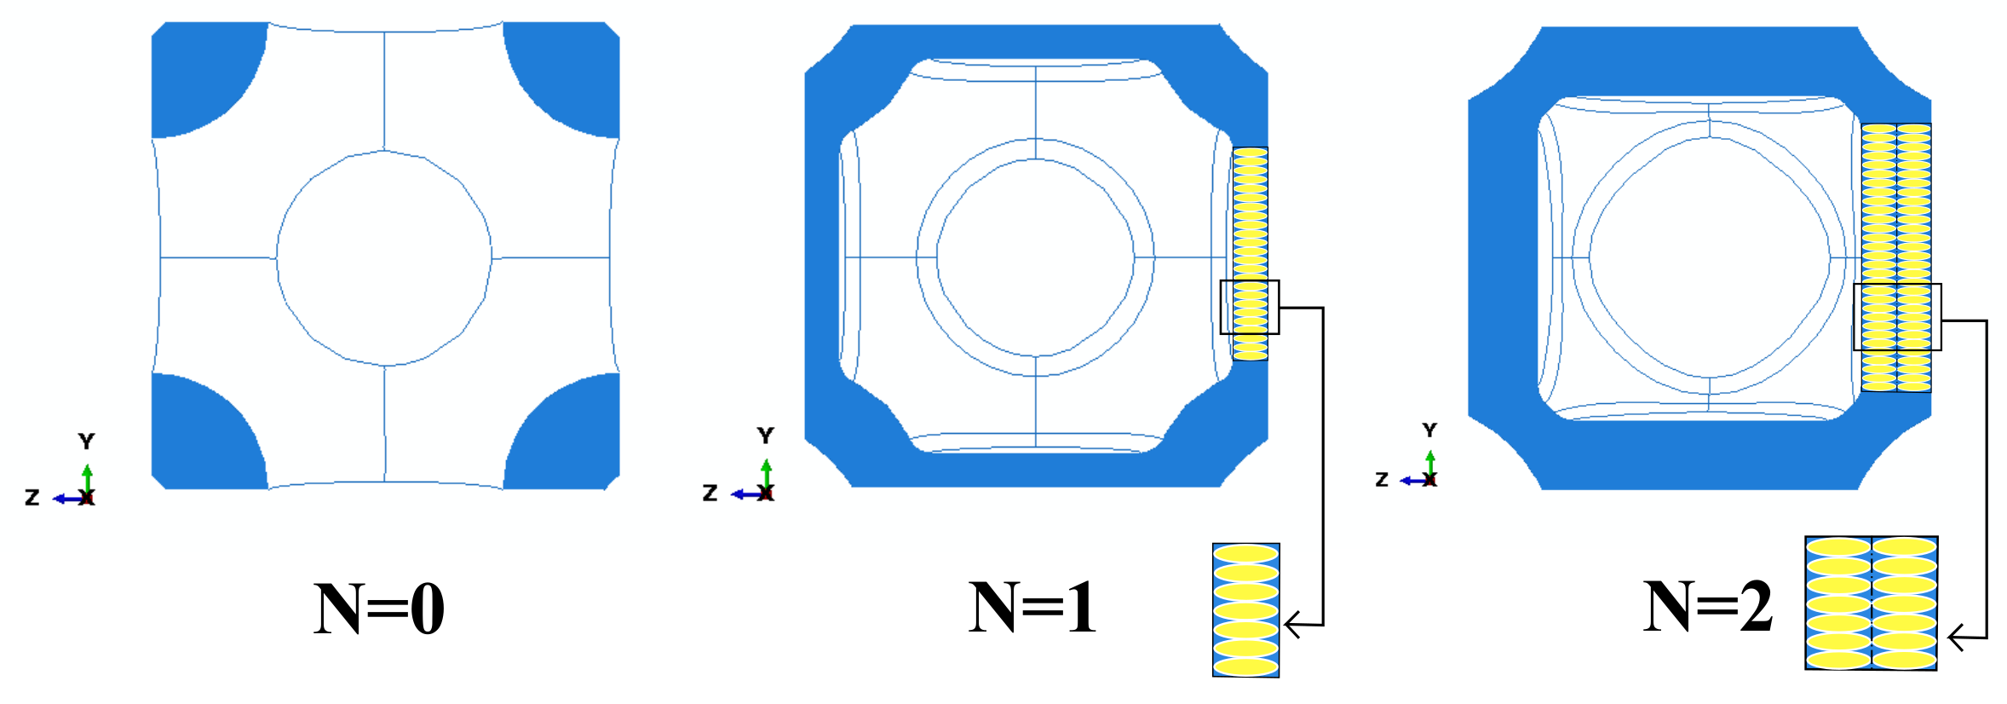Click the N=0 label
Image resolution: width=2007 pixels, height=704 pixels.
[x=379, y=609]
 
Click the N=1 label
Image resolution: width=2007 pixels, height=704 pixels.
[x=1032, y=607]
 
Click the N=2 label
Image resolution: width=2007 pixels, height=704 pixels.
[x=1707, y=607]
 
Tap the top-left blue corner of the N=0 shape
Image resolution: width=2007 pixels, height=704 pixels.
[x=200, y=72]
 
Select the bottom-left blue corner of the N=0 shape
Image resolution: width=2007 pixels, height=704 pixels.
[x=200, y=439]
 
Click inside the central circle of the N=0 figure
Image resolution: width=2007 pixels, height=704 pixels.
[x=384, y=257]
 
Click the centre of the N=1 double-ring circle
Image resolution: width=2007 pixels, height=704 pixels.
[x=1035, y=257]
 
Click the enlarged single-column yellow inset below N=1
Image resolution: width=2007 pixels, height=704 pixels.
[x=1245, y=610]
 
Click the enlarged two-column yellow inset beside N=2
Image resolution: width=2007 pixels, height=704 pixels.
[x=1872, y=603]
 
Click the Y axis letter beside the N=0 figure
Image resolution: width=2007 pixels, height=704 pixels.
[x=86, y=441]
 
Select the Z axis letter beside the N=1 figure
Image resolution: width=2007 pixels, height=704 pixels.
[x=710, y=493]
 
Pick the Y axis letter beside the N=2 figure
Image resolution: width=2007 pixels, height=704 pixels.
[x=1429, y=430]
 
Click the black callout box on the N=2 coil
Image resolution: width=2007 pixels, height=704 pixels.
[x=1897, y=317]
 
